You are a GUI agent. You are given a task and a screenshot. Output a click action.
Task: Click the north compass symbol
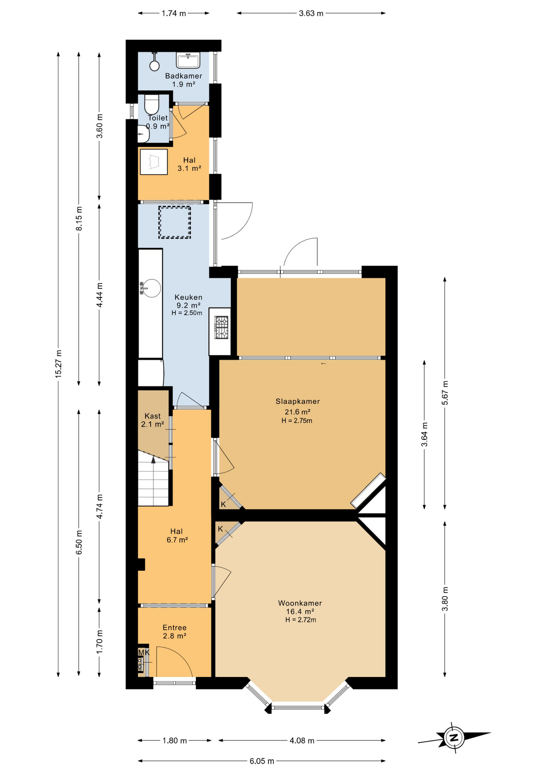(454, 738)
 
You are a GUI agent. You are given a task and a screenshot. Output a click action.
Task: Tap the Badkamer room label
(183, 76)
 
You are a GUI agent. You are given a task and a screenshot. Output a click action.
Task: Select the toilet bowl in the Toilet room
(152, 104)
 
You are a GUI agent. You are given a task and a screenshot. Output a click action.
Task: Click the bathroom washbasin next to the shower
(188, 60)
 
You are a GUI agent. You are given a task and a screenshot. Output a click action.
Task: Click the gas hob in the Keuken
(221, 327)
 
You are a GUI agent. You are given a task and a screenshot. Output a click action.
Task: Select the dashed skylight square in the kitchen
(174, 222)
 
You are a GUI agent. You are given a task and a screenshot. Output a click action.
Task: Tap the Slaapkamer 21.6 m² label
(297, 406)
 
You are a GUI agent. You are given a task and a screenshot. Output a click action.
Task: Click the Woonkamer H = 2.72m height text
(300, 620)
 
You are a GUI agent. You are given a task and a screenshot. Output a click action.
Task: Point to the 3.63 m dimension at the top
(311, 13)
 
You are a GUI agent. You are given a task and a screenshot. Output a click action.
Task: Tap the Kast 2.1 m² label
(152, 420)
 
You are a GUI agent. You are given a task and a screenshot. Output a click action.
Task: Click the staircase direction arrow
(153, 460)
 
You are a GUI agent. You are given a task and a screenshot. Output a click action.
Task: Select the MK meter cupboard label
(143, 653)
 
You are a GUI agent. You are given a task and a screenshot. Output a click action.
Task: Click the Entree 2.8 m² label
(174, 632)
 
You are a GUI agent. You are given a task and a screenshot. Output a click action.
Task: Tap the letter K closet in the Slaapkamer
(223, 504)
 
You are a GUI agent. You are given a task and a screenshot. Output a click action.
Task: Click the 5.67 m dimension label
(445, 393)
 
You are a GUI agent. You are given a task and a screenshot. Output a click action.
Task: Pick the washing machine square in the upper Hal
(153, 162)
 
